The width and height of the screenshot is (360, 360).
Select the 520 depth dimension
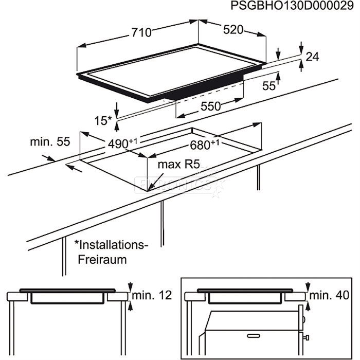point(232,30)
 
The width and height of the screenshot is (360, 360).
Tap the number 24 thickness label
point(312,58)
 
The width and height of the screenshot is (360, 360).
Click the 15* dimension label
point(103,120)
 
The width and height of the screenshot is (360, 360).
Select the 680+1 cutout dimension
point(205,145)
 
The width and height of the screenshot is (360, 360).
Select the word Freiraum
point(102,260)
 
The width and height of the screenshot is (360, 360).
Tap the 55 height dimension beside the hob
point(269,86)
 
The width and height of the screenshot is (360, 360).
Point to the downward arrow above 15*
point(117,107)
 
